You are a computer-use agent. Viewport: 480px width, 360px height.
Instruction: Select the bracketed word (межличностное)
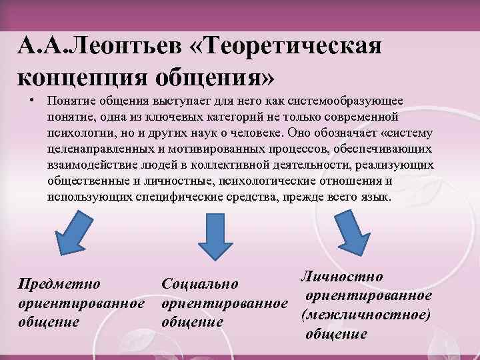366,314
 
